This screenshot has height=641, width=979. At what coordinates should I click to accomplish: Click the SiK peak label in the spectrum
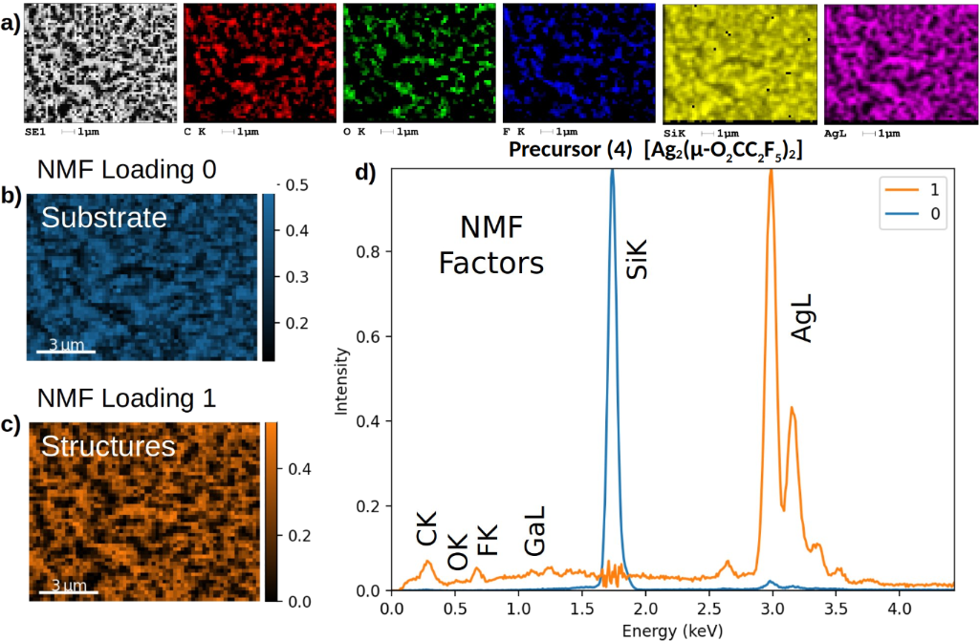click(638, 258)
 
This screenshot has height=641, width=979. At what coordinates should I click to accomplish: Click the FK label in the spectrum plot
click(488, 540)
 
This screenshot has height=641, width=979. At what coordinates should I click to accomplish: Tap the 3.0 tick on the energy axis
click(772, 609)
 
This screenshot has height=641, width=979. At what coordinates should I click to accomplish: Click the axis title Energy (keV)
click(671, 630)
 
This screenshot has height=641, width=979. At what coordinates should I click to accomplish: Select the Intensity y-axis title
click(342, 380)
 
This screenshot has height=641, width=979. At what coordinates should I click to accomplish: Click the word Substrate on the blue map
click(103, 219)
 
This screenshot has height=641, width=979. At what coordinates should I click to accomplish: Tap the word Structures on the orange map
click(108, 446)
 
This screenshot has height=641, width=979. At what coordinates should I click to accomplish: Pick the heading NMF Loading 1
click(126, 396)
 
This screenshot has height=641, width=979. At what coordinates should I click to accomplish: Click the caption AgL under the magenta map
click(834, 133)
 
